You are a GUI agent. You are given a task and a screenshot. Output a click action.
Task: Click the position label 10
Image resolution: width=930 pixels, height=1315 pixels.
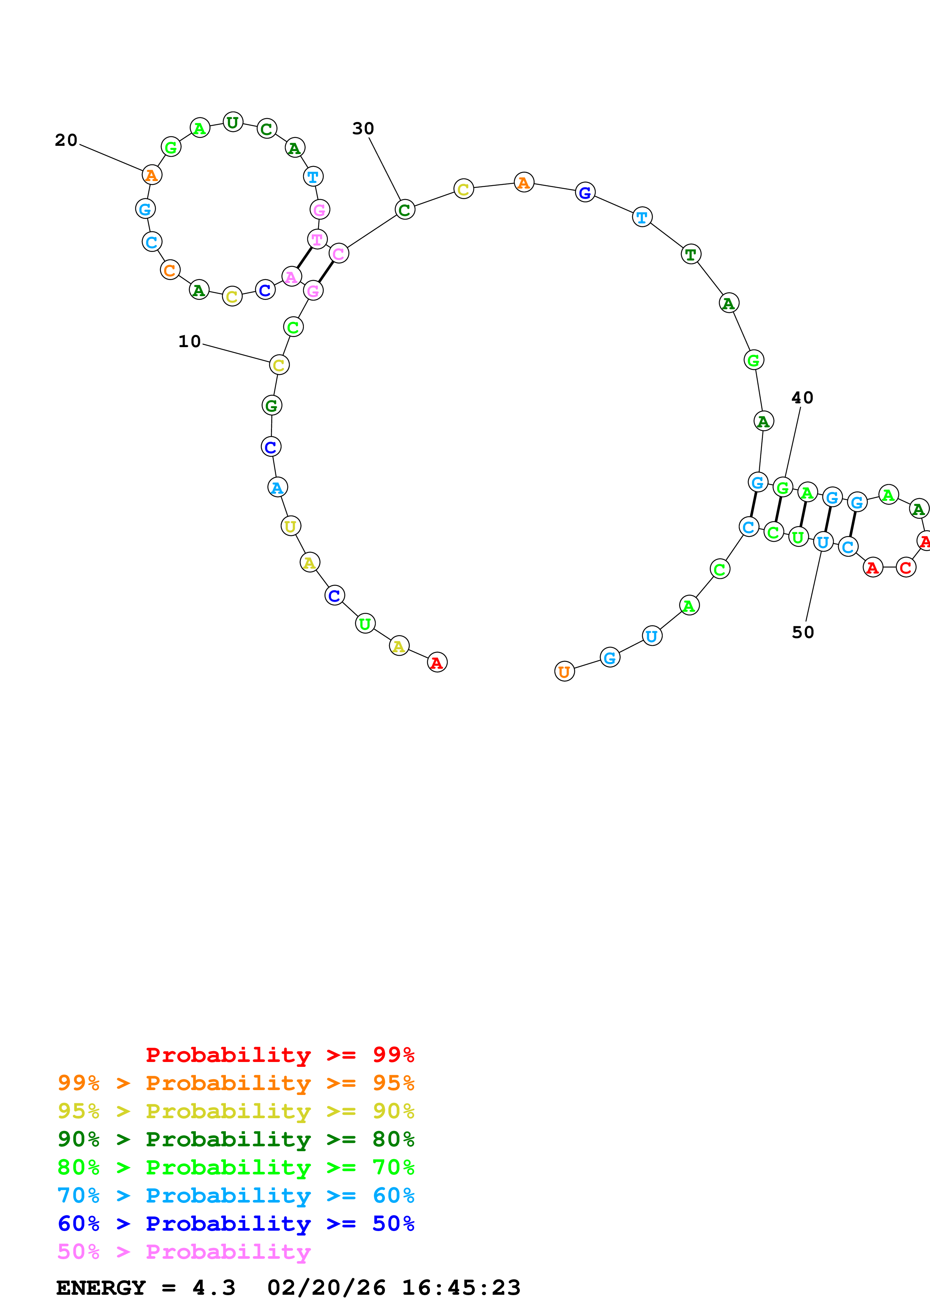click(x=190, y=342)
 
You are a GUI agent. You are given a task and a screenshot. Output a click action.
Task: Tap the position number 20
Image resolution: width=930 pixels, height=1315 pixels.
click(x=66, y=140)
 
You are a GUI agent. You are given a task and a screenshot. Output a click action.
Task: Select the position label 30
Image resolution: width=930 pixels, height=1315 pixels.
click(x=363, y=129)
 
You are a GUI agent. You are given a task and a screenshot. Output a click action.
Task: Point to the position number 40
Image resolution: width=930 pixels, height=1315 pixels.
click(x=802, y=398)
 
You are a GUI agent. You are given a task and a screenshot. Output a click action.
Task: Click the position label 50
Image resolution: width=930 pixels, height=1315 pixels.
click(x=803, y=633)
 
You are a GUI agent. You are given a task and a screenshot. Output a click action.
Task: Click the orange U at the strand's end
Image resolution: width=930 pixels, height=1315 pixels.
click(x=565, y=672)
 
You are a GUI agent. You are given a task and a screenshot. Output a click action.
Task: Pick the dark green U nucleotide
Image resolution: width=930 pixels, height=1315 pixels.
click(x=233, y=122)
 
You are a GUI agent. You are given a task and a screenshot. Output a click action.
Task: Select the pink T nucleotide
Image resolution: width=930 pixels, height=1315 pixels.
click(x=317, y=240)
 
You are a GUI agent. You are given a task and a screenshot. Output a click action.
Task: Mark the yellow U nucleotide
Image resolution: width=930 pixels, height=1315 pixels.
click(x=290, y=526)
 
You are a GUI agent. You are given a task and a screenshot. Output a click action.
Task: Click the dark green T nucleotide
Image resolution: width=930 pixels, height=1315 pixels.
click(x=691, y=254)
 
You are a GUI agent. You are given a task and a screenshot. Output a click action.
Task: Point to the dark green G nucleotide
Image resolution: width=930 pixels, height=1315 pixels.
click(x=272, y=406)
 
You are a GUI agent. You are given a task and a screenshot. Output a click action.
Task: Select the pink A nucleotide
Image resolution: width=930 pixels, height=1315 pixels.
click(x=291, y=277)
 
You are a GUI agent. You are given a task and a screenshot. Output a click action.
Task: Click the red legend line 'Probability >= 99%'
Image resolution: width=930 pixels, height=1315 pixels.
click(x=279, y=1055)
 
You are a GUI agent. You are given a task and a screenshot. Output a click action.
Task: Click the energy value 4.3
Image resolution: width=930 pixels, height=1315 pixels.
click(x=214, y=1288)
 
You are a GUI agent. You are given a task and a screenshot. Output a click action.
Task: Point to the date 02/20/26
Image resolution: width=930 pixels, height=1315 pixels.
click(x=326, y=1288)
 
